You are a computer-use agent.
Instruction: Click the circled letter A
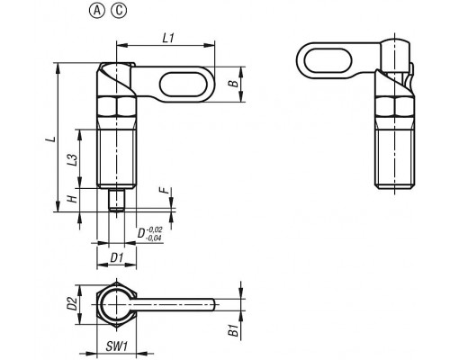pyautogui.click(x=97, y=11)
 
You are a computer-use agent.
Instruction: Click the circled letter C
pyautogui.click(x=119, y=11)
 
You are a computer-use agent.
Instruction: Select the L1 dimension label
pyautogui.click(x=168, y=38)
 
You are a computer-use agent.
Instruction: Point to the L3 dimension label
pyautogui.click(x=72, y=160)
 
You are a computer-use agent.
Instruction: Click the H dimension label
pyautogui.click(x=72, y=199)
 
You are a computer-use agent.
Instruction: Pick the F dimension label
pyautogui.click(x=164, y=190)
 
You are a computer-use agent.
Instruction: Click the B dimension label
pyautogui.click(x=233, y=84)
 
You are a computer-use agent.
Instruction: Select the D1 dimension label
pyautogui.click(x=117, y=257)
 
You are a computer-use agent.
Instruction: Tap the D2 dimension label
pyautogui.click(x=72, y=303)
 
